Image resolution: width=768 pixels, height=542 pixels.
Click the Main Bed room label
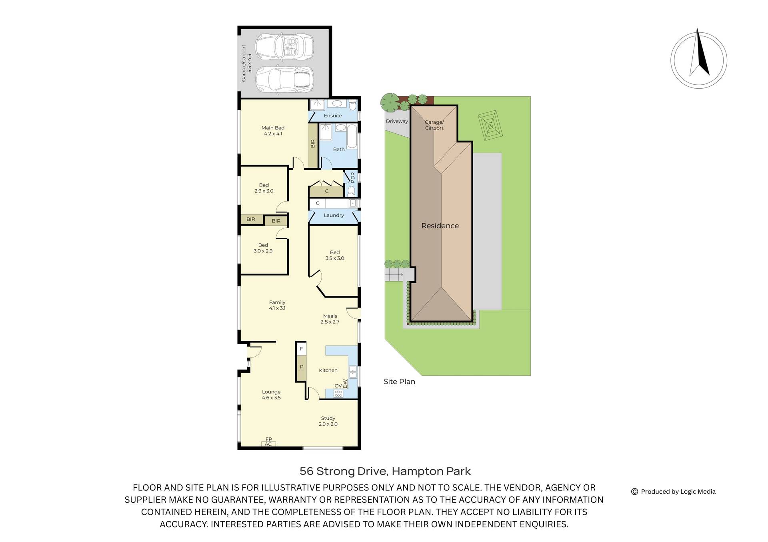tap(273, 131)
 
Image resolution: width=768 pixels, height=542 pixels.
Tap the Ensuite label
tap(333, 115)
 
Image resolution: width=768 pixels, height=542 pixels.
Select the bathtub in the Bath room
tap(352, 136)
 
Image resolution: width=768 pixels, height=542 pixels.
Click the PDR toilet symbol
tap(351, 191)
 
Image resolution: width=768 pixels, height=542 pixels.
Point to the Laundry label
tap(334, 215)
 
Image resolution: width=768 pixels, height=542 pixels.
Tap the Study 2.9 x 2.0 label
tap(328, 421)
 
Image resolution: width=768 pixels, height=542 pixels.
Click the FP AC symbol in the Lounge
tap(268, 442)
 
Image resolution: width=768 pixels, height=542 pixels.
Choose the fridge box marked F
tap(302, 349)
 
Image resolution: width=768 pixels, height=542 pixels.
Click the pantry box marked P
tap(302, 367)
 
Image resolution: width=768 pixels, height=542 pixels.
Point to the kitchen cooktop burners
tap(338, 393)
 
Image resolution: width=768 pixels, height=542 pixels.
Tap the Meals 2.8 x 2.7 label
tap(330, 319)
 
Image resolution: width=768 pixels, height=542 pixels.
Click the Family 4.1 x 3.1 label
tap(277, 305)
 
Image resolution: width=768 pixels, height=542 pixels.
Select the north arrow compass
tap(698, 60)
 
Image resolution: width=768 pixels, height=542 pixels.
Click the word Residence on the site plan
tap(440, 226)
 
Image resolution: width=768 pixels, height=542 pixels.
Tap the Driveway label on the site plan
tap(397, 121)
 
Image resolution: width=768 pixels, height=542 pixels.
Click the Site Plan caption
tap(399, 381)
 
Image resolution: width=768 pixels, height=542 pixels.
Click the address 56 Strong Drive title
tap(385, 471)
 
